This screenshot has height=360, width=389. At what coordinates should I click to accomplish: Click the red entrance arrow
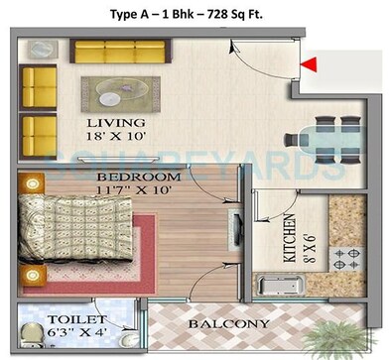310,66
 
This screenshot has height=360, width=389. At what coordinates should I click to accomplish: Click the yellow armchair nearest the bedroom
42,131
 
